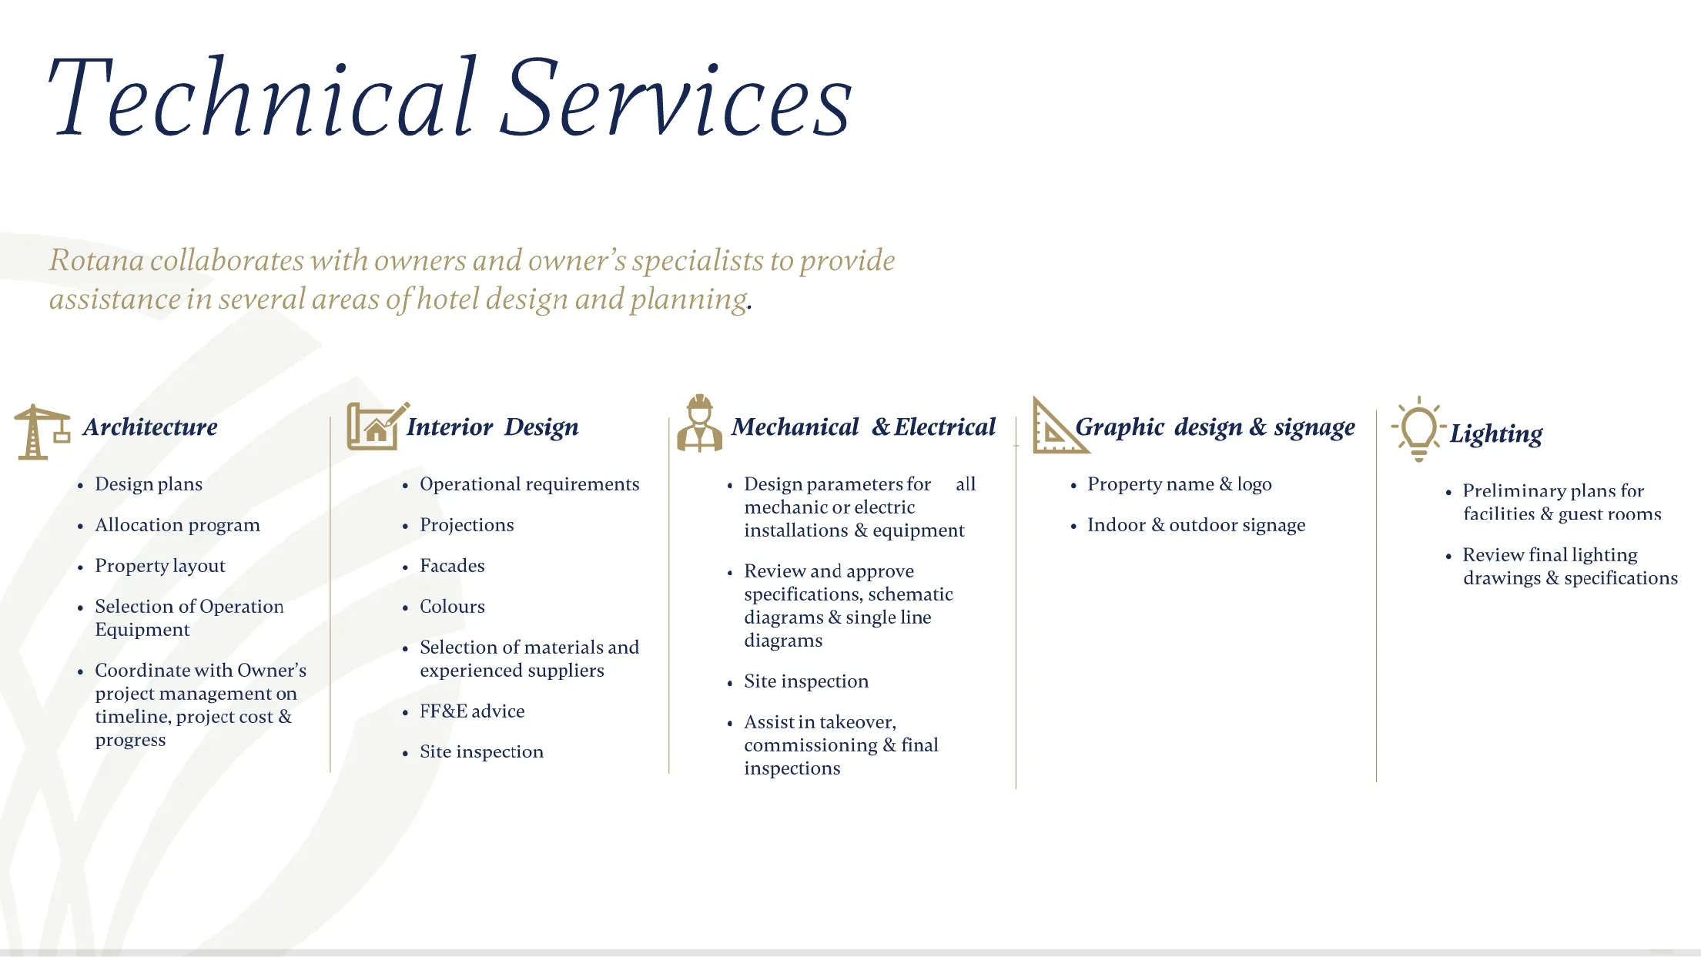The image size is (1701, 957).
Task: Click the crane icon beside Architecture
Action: point(40,431)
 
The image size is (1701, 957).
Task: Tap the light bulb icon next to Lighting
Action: point(1418,428)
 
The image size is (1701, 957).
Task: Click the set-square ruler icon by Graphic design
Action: point(1056,427)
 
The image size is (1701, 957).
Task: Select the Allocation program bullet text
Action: point(177,525)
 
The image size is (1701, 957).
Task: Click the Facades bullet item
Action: point(452,566)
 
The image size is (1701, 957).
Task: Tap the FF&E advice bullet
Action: point(472,711)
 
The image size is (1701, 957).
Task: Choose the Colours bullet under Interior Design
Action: point(452,607)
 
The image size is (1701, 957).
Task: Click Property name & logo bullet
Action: point(1179,484)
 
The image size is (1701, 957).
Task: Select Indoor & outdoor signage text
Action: point(1196,525)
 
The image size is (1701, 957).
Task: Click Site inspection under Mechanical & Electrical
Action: point(805,681)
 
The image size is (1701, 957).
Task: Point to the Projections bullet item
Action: point(467,525)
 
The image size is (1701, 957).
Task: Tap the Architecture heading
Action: point(150,427)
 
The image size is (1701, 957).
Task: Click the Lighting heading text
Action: point(1495,434)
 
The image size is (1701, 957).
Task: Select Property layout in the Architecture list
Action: point(160,566)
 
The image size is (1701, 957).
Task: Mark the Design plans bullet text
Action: point(149,484)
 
